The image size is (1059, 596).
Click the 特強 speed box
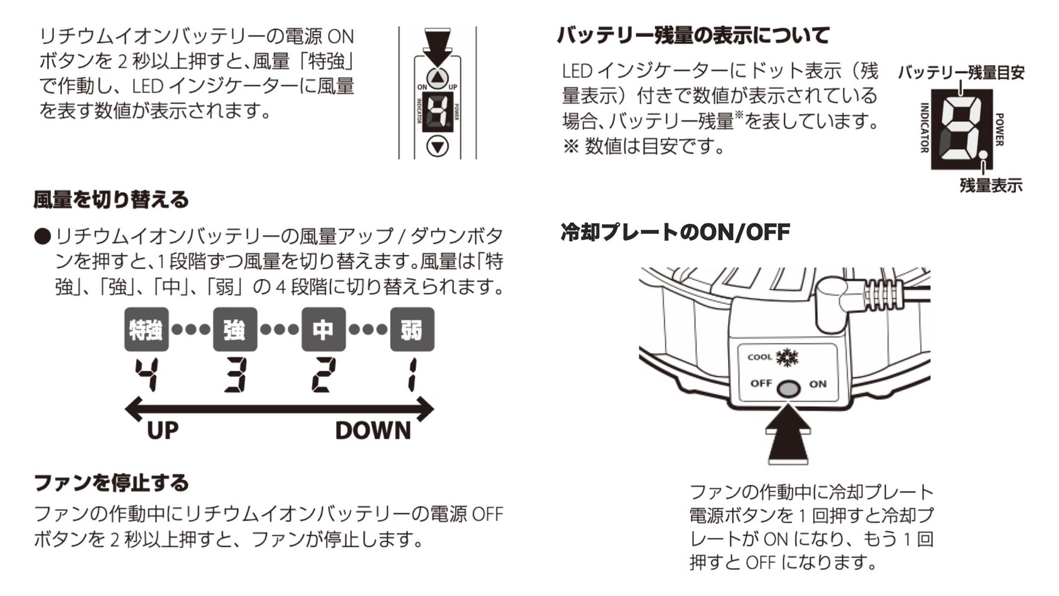[x=146, y=329]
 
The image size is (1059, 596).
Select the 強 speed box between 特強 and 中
[x=235, y=329]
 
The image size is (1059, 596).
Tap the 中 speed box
[x=323, y=329]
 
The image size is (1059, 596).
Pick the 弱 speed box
[x=412, y=329]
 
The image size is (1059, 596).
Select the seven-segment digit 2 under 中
[x=322, y=375]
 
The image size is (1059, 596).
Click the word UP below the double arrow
[x=162, y=431]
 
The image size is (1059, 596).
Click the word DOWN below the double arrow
[x=373, y=431]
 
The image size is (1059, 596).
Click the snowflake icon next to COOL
[x=787, y=357]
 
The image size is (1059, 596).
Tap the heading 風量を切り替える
[x=111, y=199]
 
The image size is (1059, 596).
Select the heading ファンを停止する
[x=111, y=482]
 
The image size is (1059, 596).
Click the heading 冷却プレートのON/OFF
[x=675, y=233]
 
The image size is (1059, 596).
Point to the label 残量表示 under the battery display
[x=991, y=186]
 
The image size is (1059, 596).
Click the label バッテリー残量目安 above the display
[x=961, y=73]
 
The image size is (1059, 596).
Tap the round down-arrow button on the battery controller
[x=438, y=146]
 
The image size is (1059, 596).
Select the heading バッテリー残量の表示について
[x=693, y=36]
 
